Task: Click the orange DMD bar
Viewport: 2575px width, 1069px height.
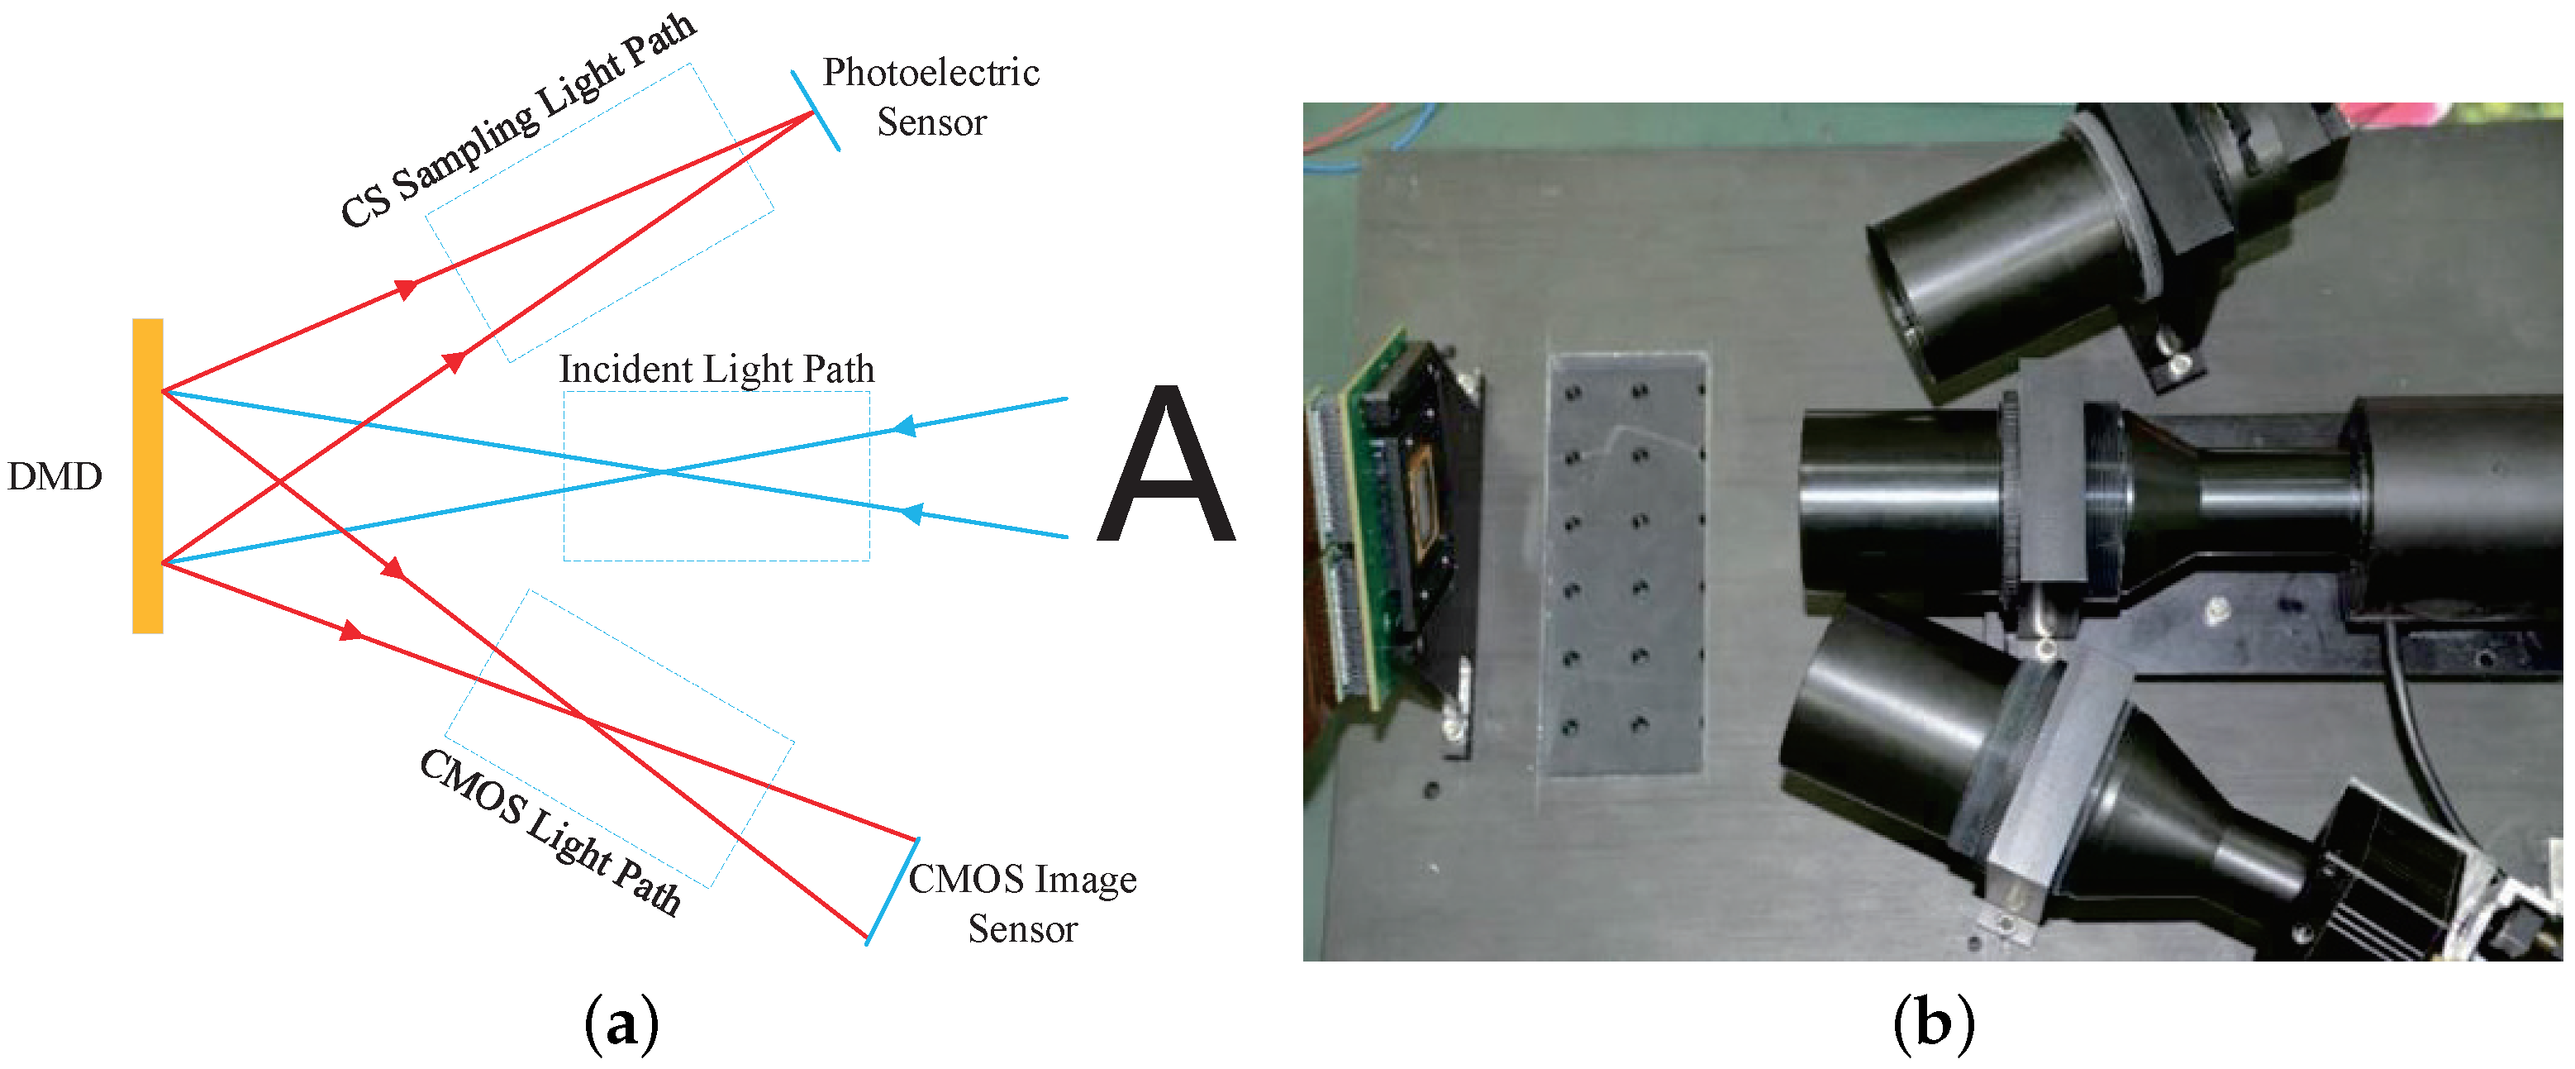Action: (x=147, y=475)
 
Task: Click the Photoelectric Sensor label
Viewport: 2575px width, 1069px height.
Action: (x=931, y=97)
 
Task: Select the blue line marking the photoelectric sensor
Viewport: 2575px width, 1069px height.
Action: (x=816, y=111)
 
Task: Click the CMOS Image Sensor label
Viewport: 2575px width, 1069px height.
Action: (x=1021, y=903)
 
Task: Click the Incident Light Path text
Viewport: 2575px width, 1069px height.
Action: (x=716, y=369)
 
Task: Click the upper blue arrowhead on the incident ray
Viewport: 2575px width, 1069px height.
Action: (x=904, y=427)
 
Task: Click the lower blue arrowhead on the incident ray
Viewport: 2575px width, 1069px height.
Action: (x=911, y=514)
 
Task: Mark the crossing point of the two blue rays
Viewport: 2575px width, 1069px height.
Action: (x=662, y=471)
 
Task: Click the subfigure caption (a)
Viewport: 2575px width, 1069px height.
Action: (x=621, y=1023)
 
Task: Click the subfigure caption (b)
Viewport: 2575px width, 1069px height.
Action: (x=1933, y=1023)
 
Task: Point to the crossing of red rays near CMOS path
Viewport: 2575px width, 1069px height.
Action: (x=585, y=718)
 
